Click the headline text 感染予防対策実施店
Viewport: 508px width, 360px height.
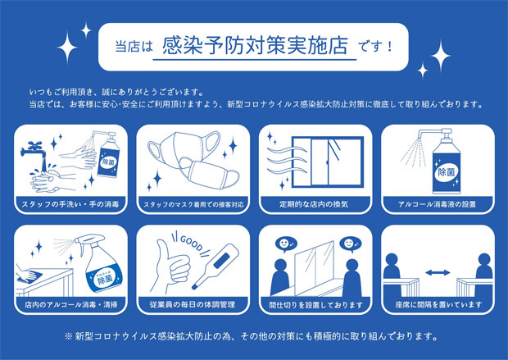pyautogui.click(x=256, y=45)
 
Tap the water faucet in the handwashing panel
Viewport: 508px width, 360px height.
pyautogui.click(x=34, y=149)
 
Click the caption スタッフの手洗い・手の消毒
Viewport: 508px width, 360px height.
pyautogui.click(x=70, y=204)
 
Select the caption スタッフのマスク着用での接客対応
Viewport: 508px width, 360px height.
pyautogui.click(x=193, y=205)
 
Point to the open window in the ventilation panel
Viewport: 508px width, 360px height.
pyautogui.click(x=328, y=162)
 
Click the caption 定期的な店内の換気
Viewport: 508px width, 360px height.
pyautogui.click(x=314, y=204)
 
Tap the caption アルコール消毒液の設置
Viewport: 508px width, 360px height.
pyautogui.click(x=437, y=204)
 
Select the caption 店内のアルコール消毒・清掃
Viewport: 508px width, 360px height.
pyautogui.click(x=71, y=304)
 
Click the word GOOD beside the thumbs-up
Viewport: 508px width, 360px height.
pyautogui.click(x=191, y=243)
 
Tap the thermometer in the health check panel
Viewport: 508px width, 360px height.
pyautogui.click(x=215, y=266)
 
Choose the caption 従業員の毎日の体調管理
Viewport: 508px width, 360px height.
pyautogui.click(x=193, y=304)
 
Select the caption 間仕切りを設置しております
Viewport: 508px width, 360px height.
pyautogui.click(x=316, y=305)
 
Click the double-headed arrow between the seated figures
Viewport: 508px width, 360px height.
pyautogui.click(x=438, y=272)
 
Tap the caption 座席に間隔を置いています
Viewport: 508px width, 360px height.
pyautogui.click(x=438, y=304)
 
